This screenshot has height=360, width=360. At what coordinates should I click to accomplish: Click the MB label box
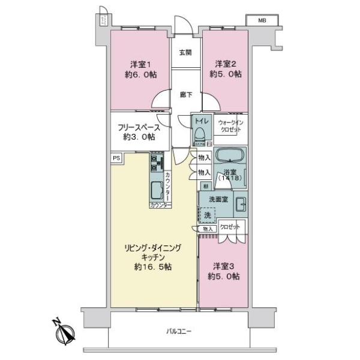pyautogui.click(x=262, y=20)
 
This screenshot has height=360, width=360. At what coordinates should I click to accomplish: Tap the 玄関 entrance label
pyautogui.click(x=185, y=52)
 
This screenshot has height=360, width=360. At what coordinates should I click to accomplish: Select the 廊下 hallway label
pyautogui.click(x=186, y=94)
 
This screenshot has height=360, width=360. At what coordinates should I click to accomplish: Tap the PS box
pyautogui.click(x=116, y=158)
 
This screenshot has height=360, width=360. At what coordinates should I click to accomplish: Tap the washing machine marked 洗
pyautogui.click(x=208, y=214)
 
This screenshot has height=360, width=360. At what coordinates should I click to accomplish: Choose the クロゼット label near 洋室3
pyautogui.click(x=229, y=227)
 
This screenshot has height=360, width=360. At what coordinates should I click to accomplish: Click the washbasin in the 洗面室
pyautogui.click(x=240, y=202)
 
